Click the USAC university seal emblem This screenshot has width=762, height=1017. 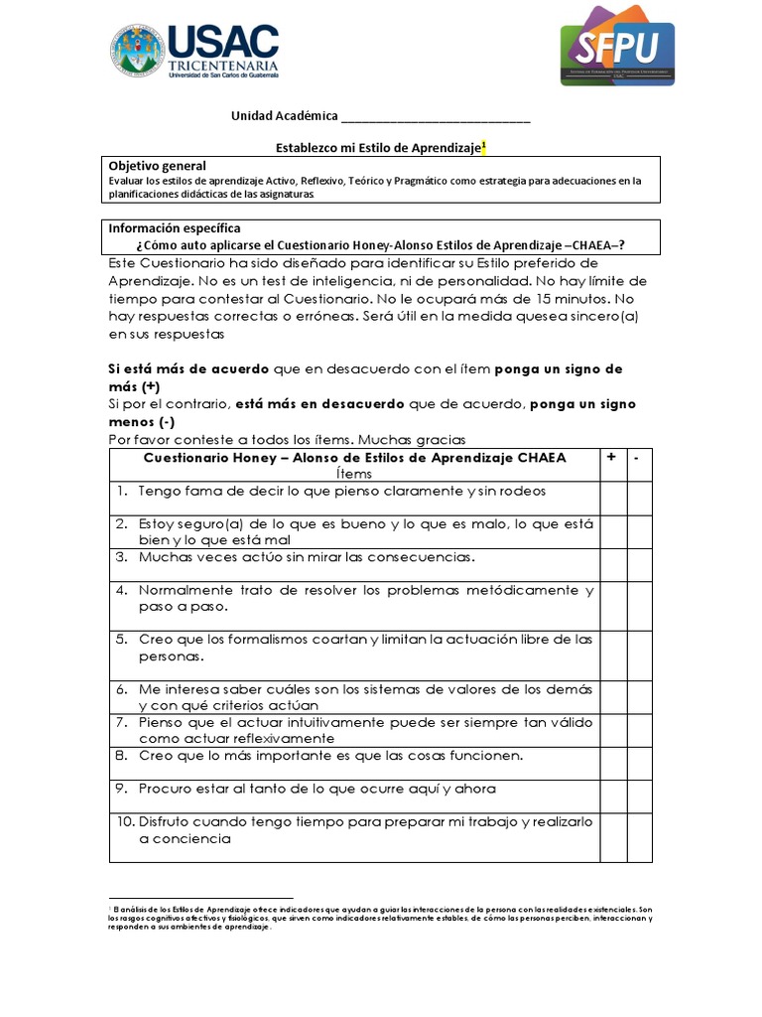[138, 51]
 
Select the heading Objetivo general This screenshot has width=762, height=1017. [157, 166]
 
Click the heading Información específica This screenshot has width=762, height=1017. [174, 228]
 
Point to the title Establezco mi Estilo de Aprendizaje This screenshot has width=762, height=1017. [377, 147]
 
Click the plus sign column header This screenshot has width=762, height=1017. [610, 457]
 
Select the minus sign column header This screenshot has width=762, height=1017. [638, 457]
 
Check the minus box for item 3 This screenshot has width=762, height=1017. [639, 564]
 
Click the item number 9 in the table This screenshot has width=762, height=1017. [122, 789]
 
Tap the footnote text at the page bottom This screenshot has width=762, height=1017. [381, 919]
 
